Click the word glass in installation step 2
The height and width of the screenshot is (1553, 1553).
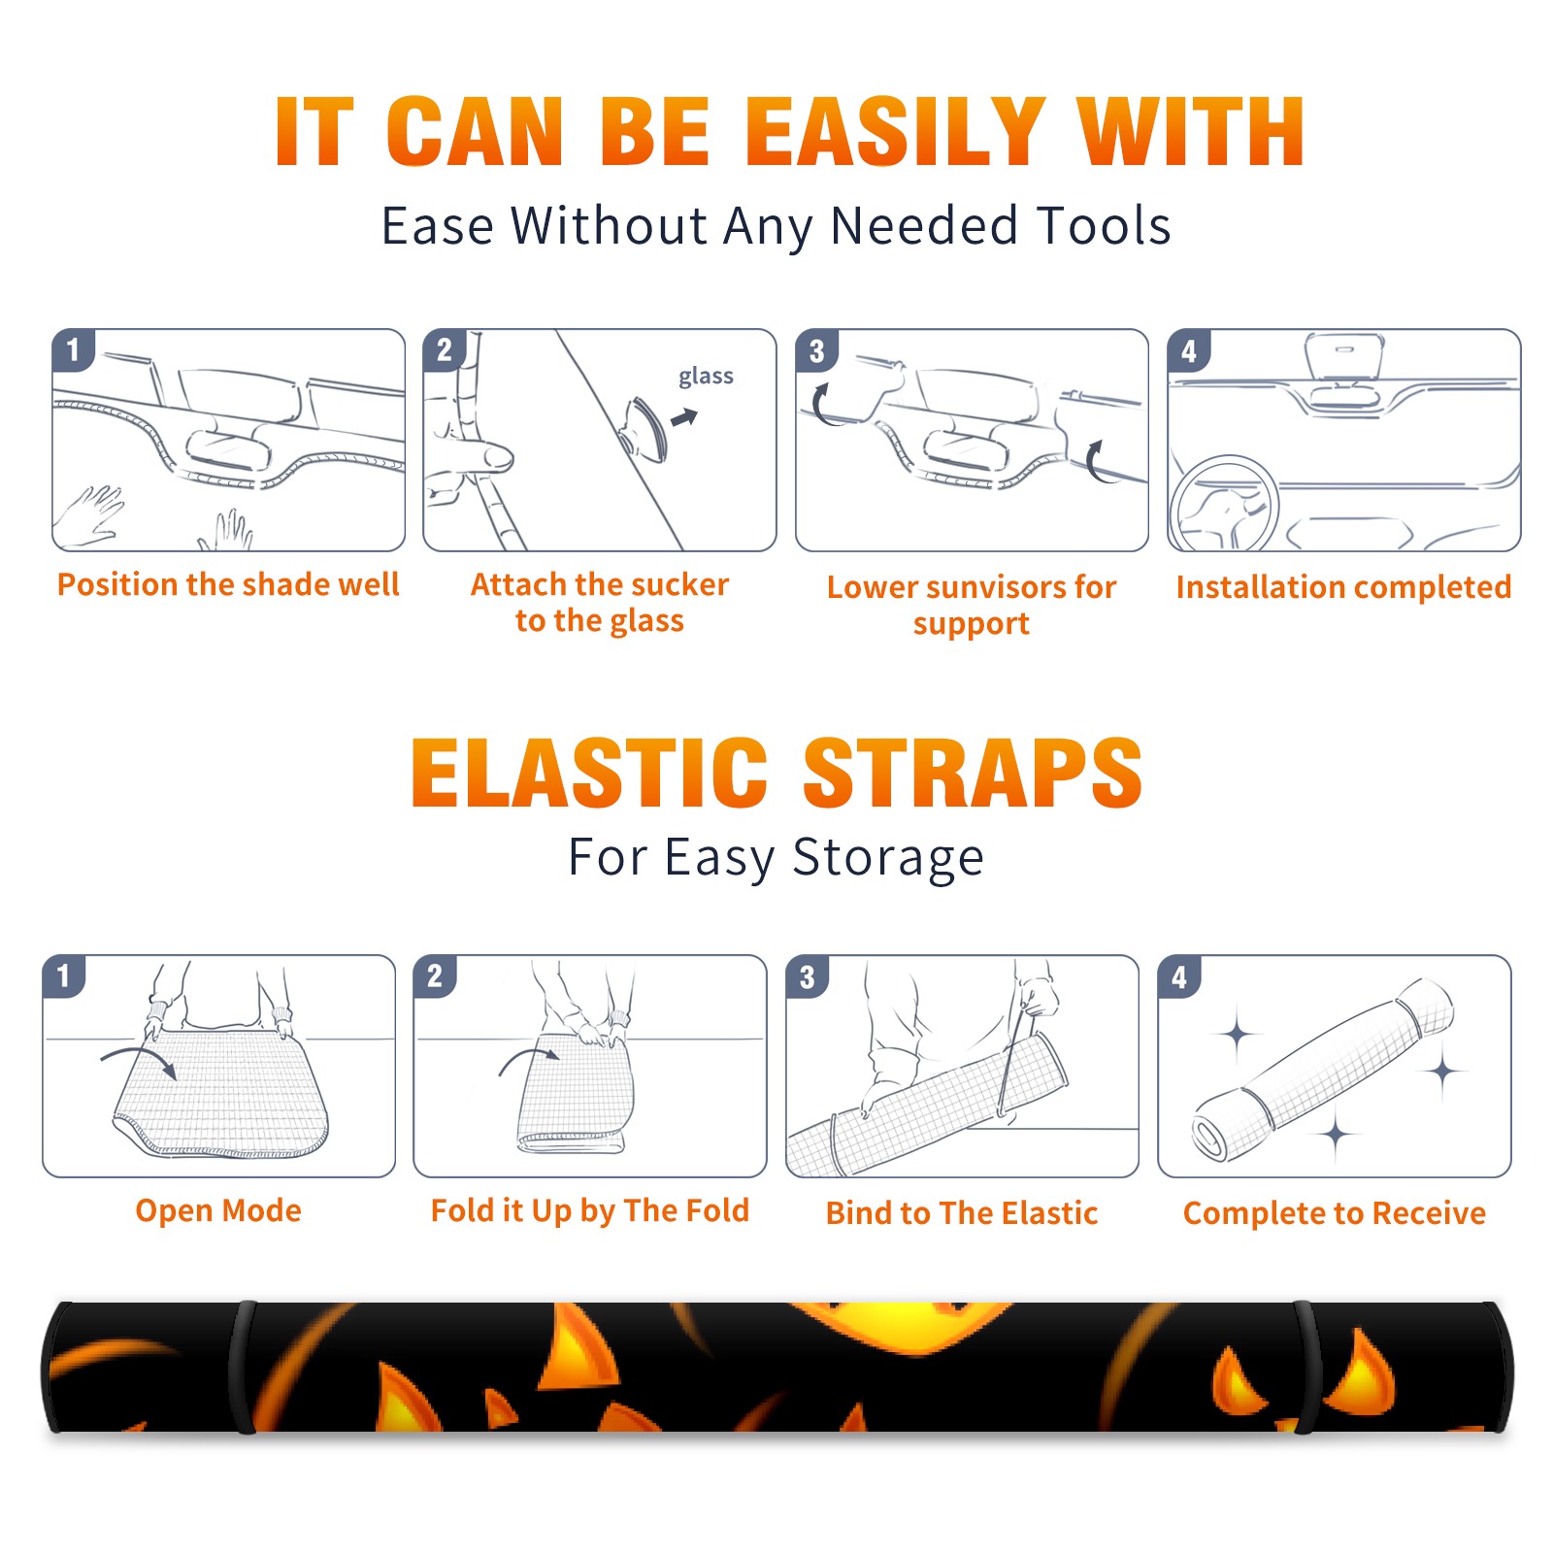(706, 377)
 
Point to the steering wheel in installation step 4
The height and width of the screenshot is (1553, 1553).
(1225, 505)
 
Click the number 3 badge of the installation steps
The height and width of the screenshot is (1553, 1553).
(816, 350)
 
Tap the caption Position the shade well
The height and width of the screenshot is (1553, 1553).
(228, 584)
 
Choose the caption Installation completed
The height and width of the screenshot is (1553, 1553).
(1343, 586)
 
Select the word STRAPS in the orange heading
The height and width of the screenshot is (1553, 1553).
(973, 773)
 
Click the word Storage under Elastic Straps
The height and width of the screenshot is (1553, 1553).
(888, 858)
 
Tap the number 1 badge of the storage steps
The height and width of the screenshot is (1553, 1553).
(64, 975)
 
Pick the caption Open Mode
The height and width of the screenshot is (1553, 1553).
(218, 1210)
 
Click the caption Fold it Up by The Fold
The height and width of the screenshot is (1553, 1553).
(590, 1210)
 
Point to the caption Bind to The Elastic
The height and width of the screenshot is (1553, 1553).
(962, 1212)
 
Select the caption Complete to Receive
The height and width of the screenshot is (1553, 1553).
(1335, 1213)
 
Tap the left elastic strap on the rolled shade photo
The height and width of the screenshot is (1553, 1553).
(243, 1367)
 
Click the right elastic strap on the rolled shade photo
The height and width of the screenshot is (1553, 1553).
(1306, 1367)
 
